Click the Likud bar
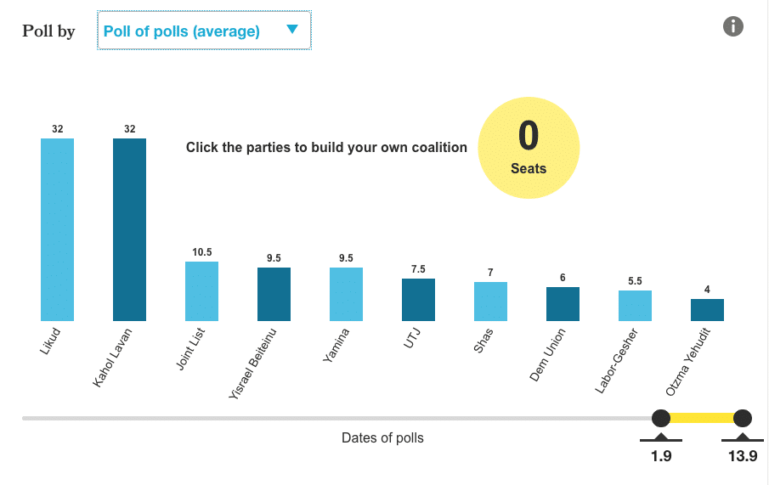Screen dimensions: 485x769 tap(58, 229)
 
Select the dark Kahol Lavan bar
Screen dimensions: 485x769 tap(129, 229)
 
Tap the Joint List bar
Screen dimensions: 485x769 tap(201, 291)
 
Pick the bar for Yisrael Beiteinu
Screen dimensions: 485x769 tap(274, 295)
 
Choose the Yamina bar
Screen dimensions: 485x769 tap(346, 295)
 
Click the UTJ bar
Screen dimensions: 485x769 tap(418, 300)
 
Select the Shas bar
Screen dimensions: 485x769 tap(490, 302)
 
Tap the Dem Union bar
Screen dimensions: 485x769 tap(563, 304)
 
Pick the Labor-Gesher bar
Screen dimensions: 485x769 tap(635, 306)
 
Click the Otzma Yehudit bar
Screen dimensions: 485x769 tap(707, 310)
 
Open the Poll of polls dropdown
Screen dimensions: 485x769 tap(204, 31)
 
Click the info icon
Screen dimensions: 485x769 tap(733, 26)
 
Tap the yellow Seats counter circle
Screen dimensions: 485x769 tap(529, 148)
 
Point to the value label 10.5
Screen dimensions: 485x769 tap(201, 252)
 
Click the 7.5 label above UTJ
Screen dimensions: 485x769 tap(418, 269)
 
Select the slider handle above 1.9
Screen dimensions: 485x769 tap(660, 418)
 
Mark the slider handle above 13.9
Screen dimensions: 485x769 tap(743, 418)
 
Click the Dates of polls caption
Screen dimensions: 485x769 tap(382, 438)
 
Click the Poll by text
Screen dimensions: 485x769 tap(48, 31)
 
